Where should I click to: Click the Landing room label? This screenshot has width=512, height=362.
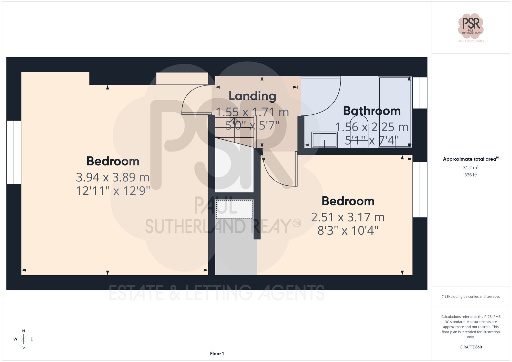click(252, 96)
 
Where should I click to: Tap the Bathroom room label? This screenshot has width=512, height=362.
click(372, 111)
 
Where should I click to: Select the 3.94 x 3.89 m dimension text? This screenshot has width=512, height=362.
click(113, 177)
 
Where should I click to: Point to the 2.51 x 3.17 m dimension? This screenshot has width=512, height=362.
click(348, 217)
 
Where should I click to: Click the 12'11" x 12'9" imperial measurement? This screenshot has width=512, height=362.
click(113, 191)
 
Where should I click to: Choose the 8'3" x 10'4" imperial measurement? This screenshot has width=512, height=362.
click(348, 231)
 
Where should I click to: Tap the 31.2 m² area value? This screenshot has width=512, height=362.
click(471, 168)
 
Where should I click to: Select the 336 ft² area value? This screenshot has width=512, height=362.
click(471, 175)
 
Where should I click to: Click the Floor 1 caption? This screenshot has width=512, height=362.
click(217, 354)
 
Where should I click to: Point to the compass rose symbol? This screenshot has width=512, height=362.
click(23, 339)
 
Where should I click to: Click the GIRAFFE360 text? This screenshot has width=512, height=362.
click(471, 347)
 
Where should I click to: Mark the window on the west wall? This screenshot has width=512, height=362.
click(14, 152)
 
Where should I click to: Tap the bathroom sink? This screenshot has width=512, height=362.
click(324, 140)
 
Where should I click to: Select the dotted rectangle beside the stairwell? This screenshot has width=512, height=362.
click(234, 209)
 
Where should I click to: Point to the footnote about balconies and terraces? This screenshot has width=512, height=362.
click(471, 297)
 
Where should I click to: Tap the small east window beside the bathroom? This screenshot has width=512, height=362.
click(420, 93)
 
